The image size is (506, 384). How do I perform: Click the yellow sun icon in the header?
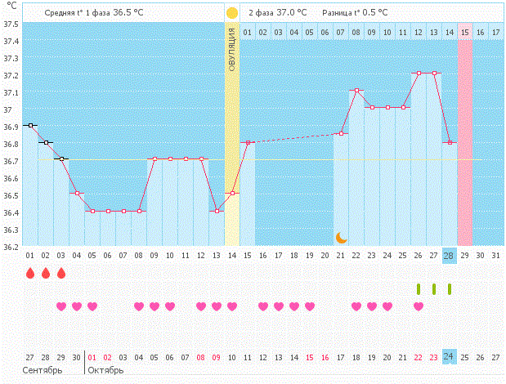coord(232,13)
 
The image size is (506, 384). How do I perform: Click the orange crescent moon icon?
coord(341,237)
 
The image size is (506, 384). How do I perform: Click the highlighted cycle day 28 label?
coord(449,256)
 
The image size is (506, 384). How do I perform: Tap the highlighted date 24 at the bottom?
coord(449,357)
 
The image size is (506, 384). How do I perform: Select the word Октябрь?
coord(105,370)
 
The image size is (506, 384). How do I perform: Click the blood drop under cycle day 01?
coord(30,274)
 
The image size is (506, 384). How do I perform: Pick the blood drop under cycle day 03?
coord(61,274)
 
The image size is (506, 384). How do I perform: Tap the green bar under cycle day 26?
coord(419,288)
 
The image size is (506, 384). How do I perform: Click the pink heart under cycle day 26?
coord(419,306)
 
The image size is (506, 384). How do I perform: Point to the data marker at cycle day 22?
coord(356,90)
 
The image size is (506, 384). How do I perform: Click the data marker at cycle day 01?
coord(30,125)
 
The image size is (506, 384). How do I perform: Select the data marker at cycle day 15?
coord(248,142)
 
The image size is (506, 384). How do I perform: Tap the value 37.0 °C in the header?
coord(291,13)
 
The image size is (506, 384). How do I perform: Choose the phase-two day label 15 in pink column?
coord(464,32)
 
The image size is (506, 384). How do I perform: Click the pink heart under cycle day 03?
coord(61,306)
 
